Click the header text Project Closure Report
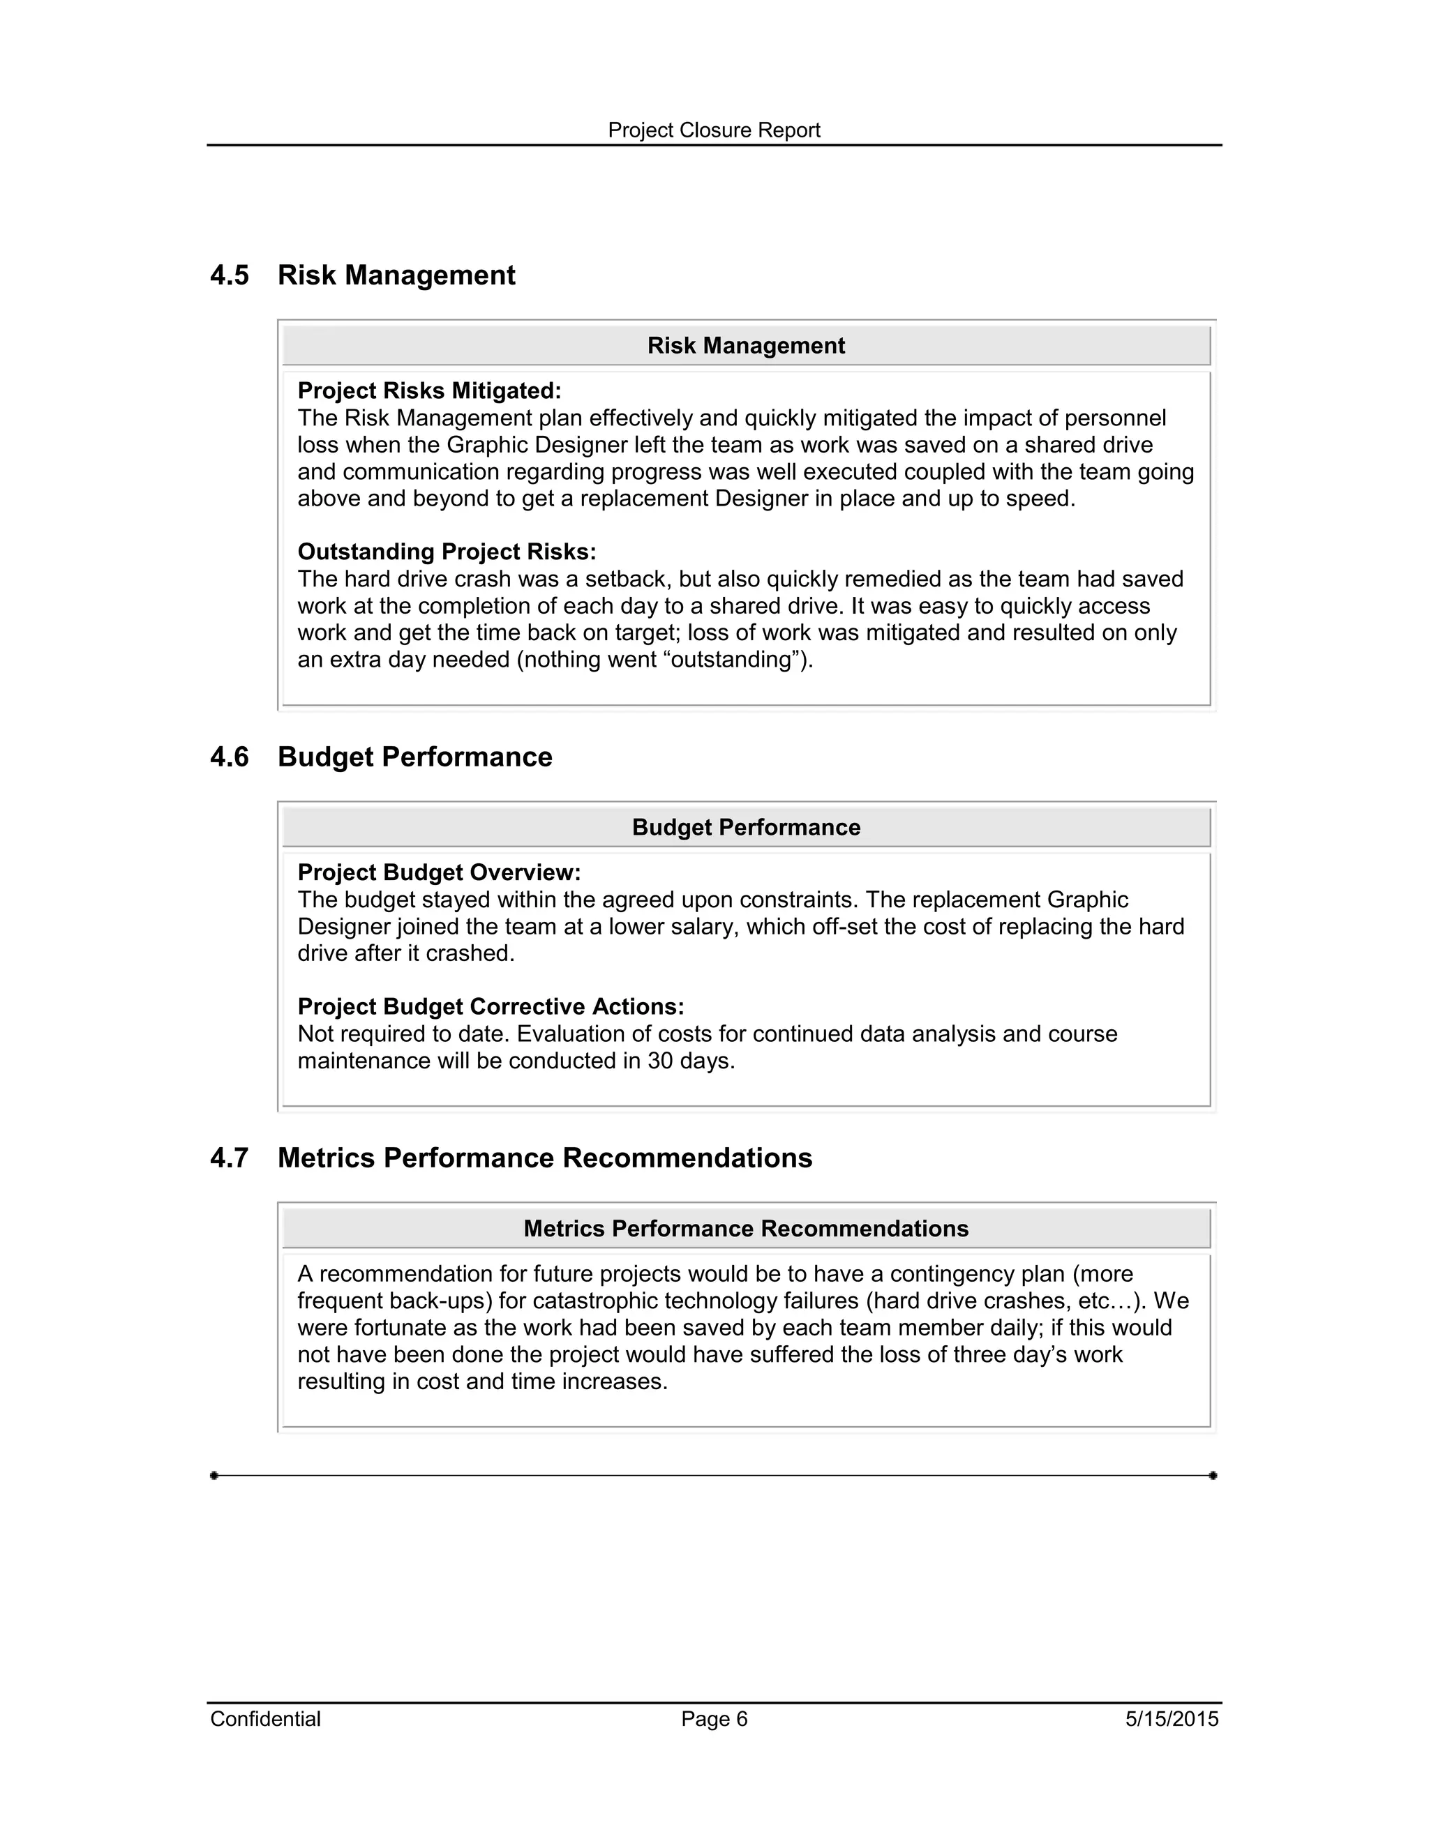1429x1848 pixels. tap(714, 130)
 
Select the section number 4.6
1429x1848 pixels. tap(230, 757)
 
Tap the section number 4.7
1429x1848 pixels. tap(230, 1158)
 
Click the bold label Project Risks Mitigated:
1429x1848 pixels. tap(429, 391)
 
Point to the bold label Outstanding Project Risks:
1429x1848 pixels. tap(446, 552)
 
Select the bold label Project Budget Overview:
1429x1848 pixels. tap(438, 872)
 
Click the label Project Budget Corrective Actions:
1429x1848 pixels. tap(490, 1007)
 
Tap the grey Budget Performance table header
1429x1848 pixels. tap(746, 828)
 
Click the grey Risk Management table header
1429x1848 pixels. tap(746, 346)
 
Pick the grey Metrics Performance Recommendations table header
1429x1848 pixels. tap(746, 1229)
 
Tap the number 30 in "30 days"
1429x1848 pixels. tap(659, 1061)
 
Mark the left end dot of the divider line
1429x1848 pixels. tap(214, 1476)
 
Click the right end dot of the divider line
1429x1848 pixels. tap(1213, 1476)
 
